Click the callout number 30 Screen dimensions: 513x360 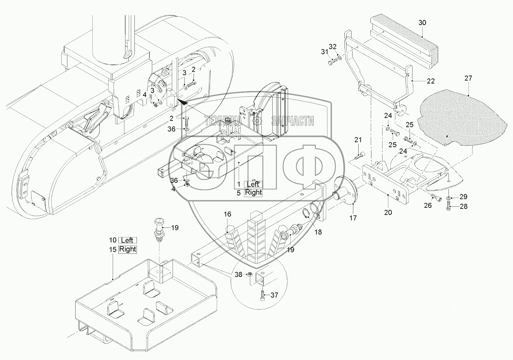coord(422,23)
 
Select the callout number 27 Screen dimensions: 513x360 coord(468,78)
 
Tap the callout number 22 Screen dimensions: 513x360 coord(431,81)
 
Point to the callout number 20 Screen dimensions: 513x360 coord(388,212)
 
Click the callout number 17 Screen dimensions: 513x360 coord(353,218)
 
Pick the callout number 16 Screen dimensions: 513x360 coord(227,214)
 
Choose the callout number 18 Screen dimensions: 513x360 coord(318,232)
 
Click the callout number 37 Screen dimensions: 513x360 coord(274,295)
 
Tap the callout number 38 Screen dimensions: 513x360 coord(238,274)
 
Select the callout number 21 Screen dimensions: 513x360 coord(358,140)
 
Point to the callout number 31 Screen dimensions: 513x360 coord(324,52)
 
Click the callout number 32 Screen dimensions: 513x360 coord(333,47)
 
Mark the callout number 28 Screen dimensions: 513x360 coord(463,207)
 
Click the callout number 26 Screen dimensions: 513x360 coord(427,206)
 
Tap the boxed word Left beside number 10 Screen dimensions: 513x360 coord(127,240)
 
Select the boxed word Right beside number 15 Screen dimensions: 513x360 coord(128,249)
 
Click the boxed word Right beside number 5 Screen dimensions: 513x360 coord(253,192)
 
